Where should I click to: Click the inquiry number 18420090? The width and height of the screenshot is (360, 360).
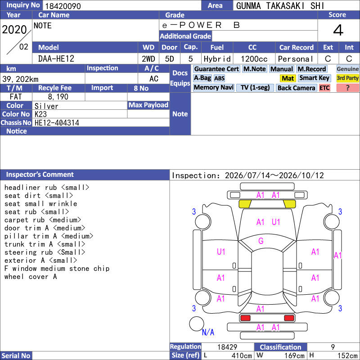click(63, 6)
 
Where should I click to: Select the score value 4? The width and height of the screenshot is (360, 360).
click(338, 30)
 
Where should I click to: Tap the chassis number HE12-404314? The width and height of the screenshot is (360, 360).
click(57, 123)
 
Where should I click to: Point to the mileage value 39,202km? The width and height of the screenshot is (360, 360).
click(20, 79)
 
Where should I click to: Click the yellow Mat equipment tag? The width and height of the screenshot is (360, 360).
click(288, 78)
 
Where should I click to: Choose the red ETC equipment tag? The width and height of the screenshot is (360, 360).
click(324, 88)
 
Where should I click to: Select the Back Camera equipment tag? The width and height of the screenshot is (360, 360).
click(296, 88)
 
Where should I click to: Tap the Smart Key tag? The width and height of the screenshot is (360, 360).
click(314, 78)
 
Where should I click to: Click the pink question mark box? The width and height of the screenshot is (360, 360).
click(347, 88)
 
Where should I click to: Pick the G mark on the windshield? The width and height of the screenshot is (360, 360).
click(261, 241)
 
